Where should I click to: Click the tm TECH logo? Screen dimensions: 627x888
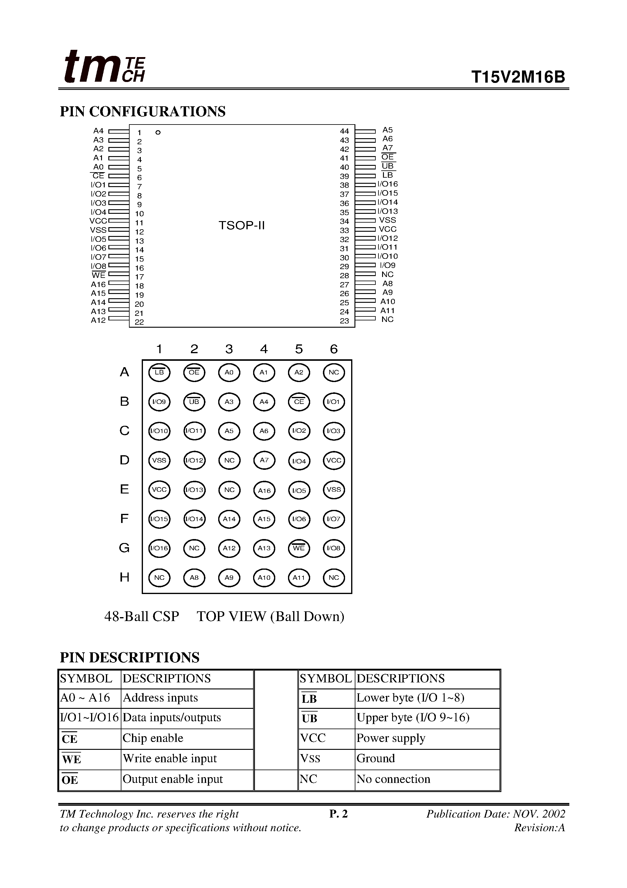pyautogui.click(x=104, y=67)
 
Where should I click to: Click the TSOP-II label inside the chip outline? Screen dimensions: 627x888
pyautogui.click(x=242, y=225)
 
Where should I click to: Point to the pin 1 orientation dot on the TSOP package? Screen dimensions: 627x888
pyautogui.click(x=158, y=133)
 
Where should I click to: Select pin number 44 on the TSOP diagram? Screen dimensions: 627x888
pyautogui.click(x=344, y=131)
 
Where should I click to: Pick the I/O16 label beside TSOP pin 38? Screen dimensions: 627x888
pyautogui.click(x=388, y=184)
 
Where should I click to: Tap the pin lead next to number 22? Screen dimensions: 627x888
pyautogui.click(x=119, y=319)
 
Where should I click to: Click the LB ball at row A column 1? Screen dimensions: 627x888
pyautogui.click(x=159, y=372)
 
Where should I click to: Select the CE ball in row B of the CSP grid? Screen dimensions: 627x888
pyautogui.click(x=299, y=402)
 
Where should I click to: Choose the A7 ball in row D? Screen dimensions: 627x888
pyautogui.click(x=264, y=460)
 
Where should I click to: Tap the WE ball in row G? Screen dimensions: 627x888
pyautogui.click(x=299, y=548)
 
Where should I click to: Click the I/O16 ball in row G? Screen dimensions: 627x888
pyautogui.click(x=159, y=548)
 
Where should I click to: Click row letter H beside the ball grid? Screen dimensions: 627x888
pyautogui.click(x=124, y=577)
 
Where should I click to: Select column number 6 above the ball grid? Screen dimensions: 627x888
pyautogui.click(x=334, y=349)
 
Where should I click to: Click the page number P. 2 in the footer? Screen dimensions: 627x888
pyautogui.click(x=338, y=814)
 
